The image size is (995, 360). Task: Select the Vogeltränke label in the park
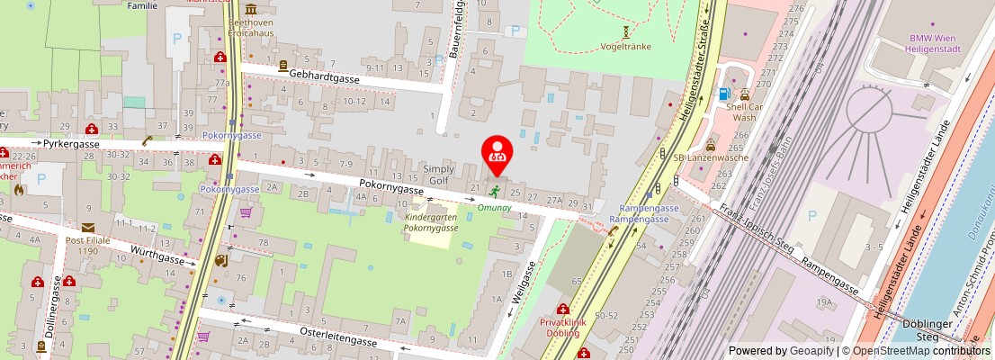(625, 46)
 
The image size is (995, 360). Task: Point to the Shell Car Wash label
(744, 112)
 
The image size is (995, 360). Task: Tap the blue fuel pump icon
(723, 94)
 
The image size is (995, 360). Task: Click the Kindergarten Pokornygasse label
(431, 223)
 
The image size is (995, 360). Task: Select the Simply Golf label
(440, 175)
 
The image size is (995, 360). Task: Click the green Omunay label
(494, 207)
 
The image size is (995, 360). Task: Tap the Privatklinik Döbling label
(562, 328)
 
